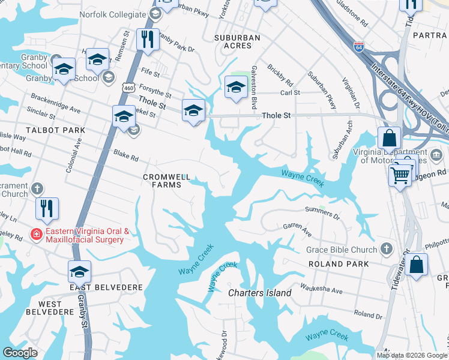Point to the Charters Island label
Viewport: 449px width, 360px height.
[259, 293]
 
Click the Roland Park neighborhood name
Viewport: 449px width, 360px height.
[335, 264]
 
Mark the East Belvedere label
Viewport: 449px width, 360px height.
[106, 287]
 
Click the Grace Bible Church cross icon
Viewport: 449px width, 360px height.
[387, 249]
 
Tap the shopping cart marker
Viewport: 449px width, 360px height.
[400, 175]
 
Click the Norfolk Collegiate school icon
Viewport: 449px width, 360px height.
[155, 13]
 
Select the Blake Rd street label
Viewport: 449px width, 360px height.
[126, 155]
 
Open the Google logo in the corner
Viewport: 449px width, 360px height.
[20, 353]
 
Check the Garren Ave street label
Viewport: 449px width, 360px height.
[297, 229]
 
